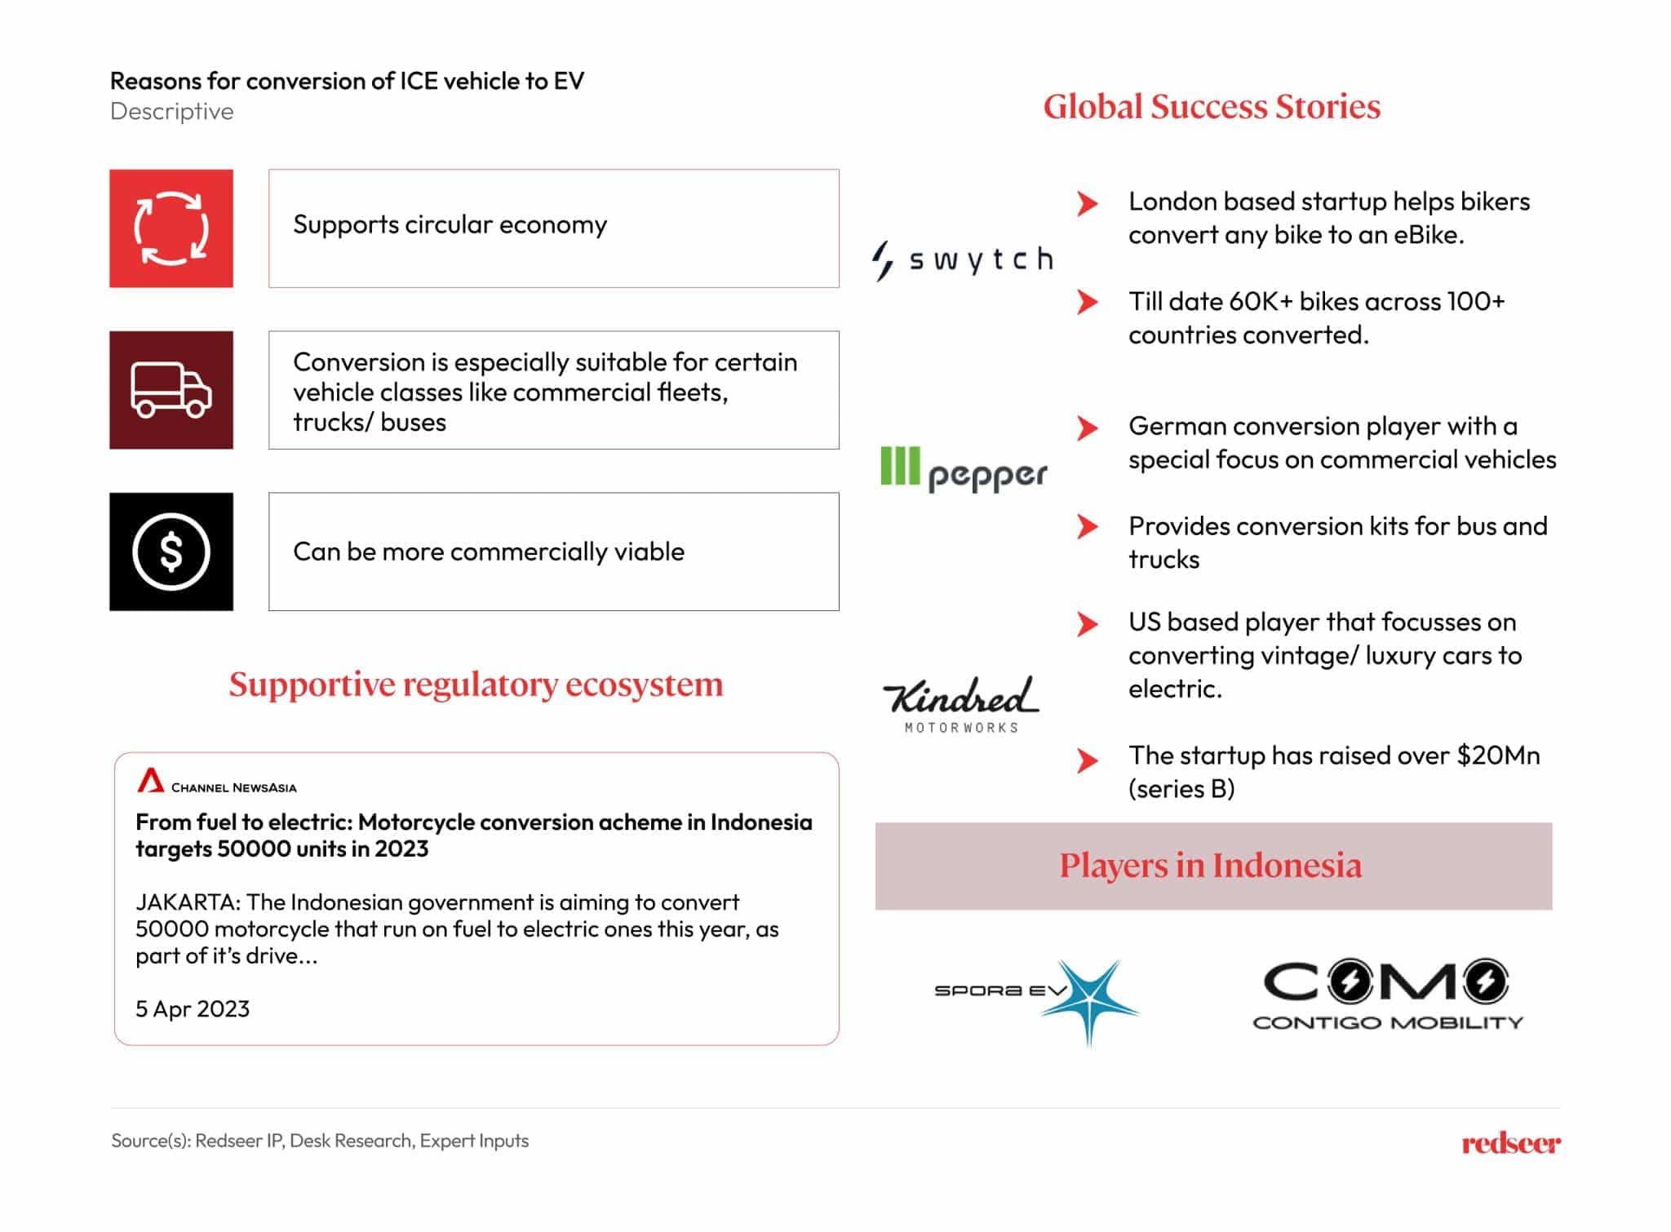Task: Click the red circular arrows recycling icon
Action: [x=171, y=228]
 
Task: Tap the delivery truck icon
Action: [x=171, y=390]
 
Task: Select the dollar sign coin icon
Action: [x=171, y=552]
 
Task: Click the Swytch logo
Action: [x=963, y=260]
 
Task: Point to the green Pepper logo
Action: [x=963, y=470]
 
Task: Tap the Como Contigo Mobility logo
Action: [x=1387, y=994]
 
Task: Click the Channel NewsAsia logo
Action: [x=217, y=782]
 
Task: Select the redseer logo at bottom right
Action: [x=1510, y=1143]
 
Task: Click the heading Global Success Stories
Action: [x=1212, y=107]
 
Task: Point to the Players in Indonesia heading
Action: [x=1211, y=866]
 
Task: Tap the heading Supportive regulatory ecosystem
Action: [x=476, y=685]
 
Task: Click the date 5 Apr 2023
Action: [x=193, y=1009]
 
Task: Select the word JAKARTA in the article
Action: [x=187, y=902]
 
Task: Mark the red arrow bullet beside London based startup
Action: [x=1087, y=203]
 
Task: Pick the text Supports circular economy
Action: [x=450, y=225]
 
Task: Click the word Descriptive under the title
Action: [x=172, y=112]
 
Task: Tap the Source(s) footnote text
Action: [x=320, y=1141]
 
